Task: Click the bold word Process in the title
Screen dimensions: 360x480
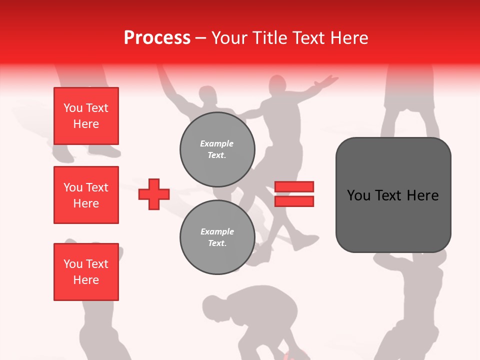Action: click(x=157, y=38)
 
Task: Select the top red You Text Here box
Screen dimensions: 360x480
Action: click(x=86, y=116)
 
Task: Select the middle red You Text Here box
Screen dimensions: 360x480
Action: click(x=86, y=195)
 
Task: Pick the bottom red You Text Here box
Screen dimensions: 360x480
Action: click(x=86, y=272)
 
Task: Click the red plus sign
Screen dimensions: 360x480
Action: click(x=154, y=194)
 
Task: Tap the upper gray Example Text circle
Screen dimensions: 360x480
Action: click(x=217, y=149)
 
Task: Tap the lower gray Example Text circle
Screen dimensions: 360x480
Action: click(x=217, y=237)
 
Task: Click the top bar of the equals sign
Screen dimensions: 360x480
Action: click(x=294, y=186)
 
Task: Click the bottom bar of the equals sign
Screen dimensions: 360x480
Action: click(x=294, y=201)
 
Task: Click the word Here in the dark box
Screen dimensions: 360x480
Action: click(x=422, y=195)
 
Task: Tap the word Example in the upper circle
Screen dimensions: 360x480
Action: click(x=217, y=143)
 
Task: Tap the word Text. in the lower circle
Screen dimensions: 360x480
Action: click(x=217, y=243)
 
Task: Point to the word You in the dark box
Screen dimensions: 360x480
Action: click(x=359, y=195)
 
